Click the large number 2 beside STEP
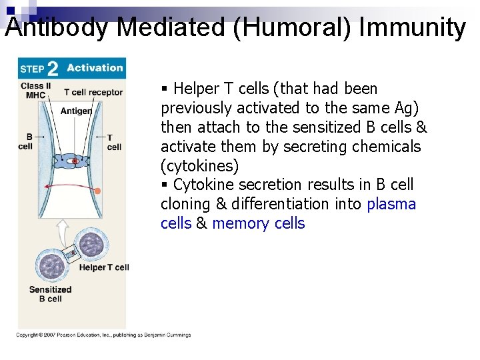click(x=53, y=69)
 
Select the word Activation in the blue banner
click(x=95, y=67)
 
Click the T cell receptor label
click(x=93, y=92)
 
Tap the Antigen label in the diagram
click(x=76, y=111)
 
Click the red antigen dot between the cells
click(x=75, y=161)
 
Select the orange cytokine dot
click(x=97, y=191)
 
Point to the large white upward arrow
click(x=62, y=233)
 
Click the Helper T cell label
click(x=104, y=267)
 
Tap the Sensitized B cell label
click(x=50, y=294)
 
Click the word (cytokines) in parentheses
click(x=199, y=165)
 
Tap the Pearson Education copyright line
click(x=104, y=335)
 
